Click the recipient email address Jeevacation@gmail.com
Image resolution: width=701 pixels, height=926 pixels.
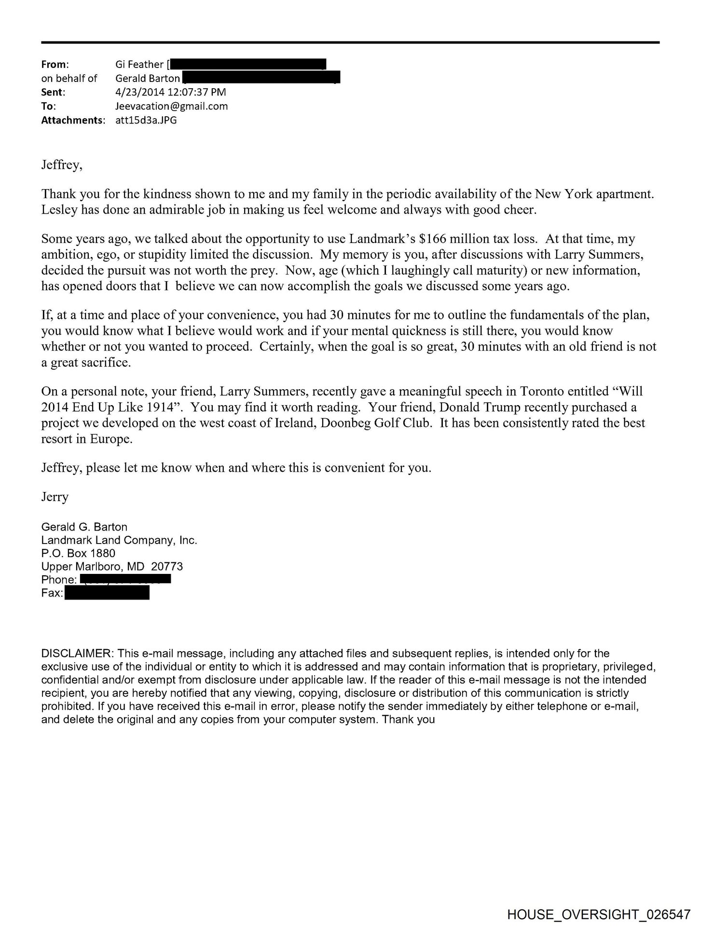172,106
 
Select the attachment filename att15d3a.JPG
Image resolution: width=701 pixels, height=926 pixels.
146,120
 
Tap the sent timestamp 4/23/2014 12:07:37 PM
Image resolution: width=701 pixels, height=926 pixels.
171,92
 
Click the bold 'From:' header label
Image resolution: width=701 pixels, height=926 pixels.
55,64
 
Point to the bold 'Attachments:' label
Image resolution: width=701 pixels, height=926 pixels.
73,120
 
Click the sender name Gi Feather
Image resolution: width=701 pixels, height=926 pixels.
139,64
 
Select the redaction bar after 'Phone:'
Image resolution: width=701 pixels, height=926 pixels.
125,579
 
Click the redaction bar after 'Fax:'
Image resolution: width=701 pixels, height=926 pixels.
107,592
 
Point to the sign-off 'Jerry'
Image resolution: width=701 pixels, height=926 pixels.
55,497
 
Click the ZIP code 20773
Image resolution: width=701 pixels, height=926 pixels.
167,566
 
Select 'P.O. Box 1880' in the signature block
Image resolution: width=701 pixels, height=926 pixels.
79,553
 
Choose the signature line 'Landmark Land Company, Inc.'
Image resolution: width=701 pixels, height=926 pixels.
119,540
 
